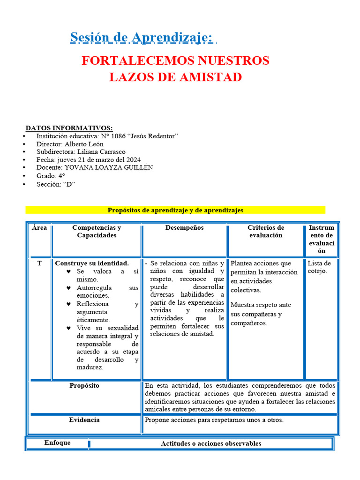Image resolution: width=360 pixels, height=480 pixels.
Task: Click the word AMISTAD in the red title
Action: [x=210, y=77]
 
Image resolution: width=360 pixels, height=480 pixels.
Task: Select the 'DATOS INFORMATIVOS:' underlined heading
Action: [x=69, y=128]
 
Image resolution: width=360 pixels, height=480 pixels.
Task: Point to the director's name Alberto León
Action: [x=84, y=144]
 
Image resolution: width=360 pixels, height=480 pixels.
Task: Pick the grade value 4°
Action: [x=61, y=176]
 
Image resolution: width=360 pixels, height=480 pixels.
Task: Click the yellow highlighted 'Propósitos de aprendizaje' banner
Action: [x=175, y=210]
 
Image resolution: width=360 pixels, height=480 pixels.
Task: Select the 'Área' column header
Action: [x=39, y=228]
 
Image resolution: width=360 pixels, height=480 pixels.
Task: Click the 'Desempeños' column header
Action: [x=184, y=228]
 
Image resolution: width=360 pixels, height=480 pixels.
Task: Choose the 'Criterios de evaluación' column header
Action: [x=265, y=232]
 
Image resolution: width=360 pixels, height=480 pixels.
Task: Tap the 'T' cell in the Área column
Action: [x=39, y=263]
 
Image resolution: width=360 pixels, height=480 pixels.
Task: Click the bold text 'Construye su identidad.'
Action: [x=92, y=263]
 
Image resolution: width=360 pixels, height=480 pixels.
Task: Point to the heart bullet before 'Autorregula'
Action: [x=68, y=288]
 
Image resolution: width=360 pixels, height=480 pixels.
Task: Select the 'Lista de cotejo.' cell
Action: [x=319, y=267]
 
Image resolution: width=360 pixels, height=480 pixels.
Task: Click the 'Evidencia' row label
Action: [x=84, y=420]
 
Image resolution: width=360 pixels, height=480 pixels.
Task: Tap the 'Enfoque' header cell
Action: [x=57, y=443]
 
